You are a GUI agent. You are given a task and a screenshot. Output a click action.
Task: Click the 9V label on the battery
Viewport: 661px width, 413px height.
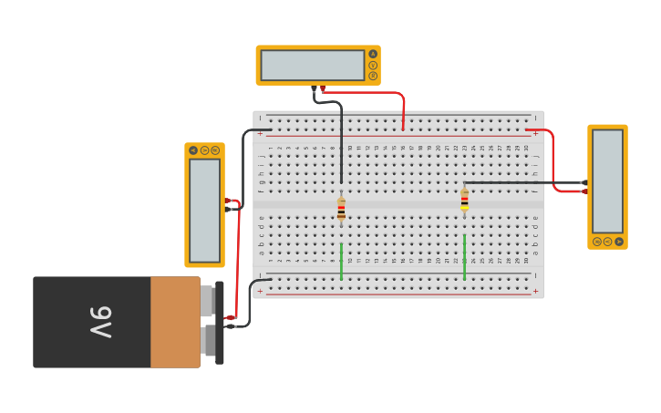[101, 323]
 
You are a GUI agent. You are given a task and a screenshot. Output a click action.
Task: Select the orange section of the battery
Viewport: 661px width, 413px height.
[175, 323]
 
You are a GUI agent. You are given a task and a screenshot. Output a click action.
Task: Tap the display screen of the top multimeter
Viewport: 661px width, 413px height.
[313, 66]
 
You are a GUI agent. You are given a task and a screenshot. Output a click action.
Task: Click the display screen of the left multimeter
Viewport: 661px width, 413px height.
[204, 211]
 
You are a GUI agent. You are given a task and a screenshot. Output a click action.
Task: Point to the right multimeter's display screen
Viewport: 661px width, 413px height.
[607, 182]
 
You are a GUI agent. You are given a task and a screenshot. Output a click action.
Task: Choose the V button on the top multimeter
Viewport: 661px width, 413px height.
[373, 66]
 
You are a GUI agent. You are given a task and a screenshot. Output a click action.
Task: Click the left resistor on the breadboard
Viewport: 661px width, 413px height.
[341, 209]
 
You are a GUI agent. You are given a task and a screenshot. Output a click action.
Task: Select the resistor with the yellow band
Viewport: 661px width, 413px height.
[464, 200]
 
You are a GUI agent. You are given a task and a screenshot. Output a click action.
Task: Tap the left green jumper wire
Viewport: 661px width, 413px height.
[342, 261]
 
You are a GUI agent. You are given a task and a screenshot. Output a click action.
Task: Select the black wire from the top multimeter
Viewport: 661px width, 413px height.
[339, 137]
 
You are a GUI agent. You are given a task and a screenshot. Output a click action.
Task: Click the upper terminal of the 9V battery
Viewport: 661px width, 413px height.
[209, 300]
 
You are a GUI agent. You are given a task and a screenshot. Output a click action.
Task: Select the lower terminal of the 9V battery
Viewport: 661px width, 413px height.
[211, 341]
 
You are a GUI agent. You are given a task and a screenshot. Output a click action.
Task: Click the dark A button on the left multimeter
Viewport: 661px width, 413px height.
[193, 150]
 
